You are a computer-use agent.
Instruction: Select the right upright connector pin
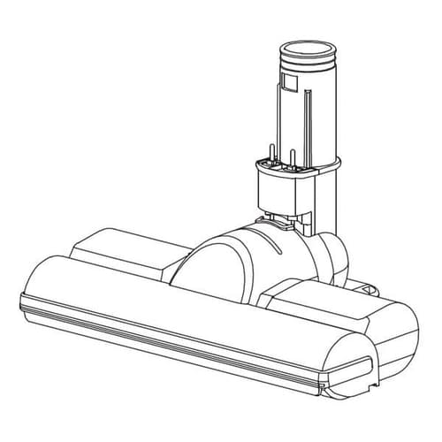pos(291,158)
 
